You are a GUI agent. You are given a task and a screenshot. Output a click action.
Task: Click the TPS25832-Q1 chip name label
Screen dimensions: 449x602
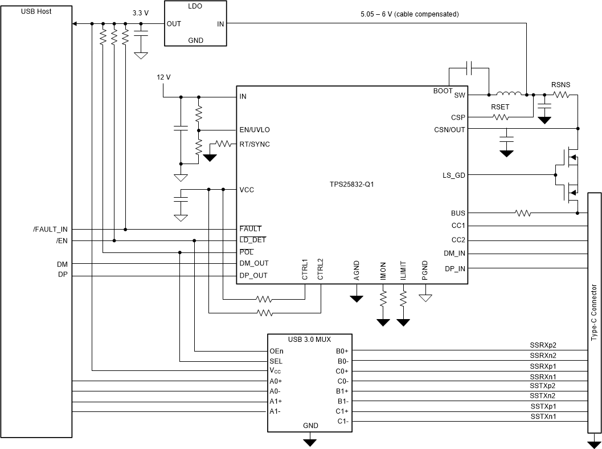(x=351, y=185)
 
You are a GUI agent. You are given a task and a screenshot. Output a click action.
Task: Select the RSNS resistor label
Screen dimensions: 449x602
(x=560, y=85)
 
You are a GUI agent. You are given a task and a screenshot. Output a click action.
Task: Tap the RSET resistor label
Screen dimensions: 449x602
(x=500, y=107)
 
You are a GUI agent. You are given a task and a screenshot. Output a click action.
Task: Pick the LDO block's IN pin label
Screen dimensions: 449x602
(x=220, y=24)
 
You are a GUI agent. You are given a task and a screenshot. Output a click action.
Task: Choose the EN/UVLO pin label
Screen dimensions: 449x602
(x=255, y=130)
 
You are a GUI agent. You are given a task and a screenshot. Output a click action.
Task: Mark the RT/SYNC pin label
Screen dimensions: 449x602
(x=255, y=144)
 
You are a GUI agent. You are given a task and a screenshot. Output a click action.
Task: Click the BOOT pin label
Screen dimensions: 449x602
(x=443, y=91)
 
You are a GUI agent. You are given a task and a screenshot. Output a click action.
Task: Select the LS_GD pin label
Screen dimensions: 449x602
(x=454, y=175)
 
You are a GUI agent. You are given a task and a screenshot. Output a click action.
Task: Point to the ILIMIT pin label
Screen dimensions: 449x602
(x=403, y=270)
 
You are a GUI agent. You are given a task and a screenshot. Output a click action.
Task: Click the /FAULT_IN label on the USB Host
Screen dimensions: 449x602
(x=51, y=230)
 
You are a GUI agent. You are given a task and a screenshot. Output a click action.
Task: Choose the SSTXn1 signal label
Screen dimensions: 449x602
(x=542, y=417)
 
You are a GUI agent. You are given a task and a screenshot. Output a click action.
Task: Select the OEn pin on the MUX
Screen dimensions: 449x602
(x=276, y=351)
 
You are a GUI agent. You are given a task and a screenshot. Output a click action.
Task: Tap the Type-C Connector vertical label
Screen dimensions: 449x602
(x=593, y=312)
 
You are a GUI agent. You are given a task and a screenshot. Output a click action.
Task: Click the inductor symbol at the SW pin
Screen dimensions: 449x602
(x=508, y=94)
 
